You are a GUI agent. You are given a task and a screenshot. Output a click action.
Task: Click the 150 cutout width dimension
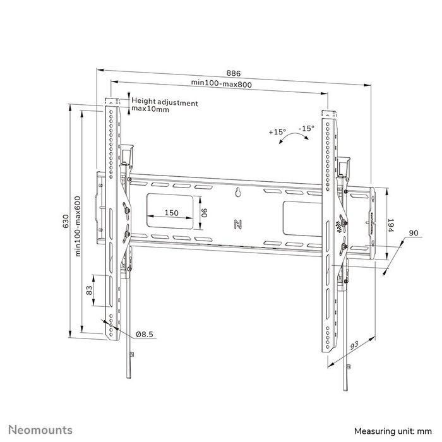pos(170,213)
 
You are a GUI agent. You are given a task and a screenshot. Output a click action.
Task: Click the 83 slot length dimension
pos(89,291)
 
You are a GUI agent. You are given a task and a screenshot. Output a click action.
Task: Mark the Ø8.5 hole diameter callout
pos(146,334)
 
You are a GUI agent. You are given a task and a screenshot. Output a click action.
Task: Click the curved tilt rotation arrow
pos(291,140)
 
